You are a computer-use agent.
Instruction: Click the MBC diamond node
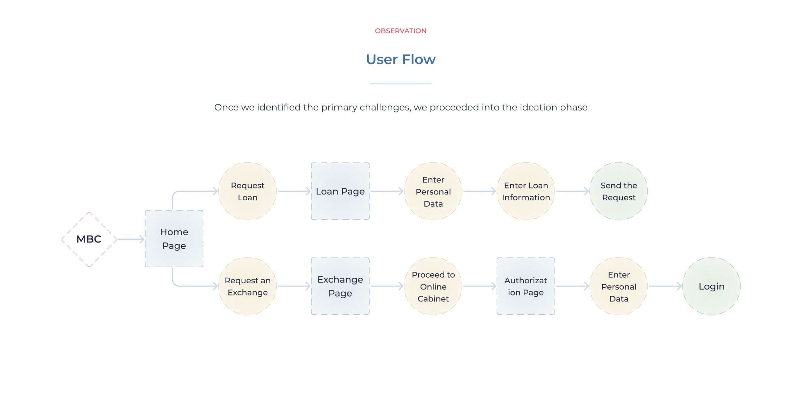89,239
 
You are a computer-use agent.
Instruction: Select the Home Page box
174,239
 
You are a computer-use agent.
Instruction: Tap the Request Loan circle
248,191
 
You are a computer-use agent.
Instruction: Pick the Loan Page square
340,191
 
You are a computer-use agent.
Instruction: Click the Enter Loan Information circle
526,191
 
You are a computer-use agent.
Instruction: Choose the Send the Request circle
619,191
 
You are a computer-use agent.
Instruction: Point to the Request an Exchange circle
248,286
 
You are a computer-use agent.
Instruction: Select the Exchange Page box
340,286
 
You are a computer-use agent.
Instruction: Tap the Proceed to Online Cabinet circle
433,286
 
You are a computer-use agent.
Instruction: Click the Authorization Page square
526,286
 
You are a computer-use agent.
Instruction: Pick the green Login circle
711,286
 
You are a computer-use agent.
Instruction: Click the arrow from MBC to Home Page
131,239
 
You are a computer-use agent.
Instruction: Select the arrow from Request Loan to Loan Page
294,191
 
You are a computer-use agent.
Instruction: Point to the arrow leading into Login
665,286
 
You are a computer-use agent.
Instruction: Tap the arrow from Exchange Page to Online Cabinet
387,286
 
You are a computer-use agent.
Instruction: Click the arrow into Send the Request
572,191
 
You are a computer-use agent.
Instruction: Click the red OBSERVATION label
401,31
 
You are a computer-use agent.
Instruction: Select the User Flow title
401,60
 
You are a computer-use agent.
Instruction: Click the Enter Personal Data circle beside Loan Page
433,191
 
